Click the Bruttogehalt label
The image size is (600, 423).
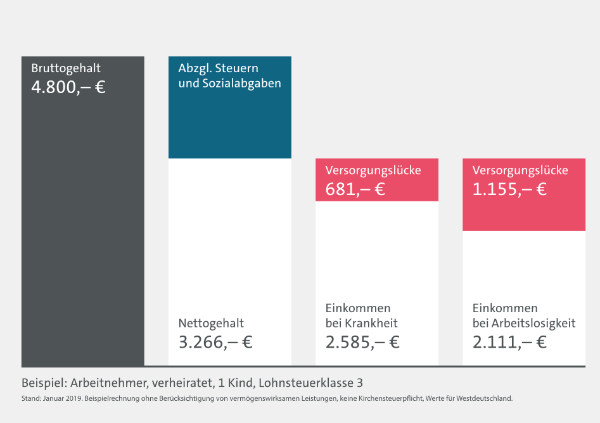pos(66,68)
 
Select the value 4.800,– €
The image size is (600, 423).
pos(68,87)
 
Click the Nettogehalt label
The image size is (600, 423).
pos(211,324)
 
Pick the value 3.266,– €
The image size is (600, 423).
pos(215,343)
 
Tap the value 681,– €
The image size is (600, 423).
pos(355,189)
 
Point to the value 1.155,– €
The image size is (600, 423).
pos(509,189)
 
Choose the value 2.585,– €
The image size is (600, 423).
pos(362,343)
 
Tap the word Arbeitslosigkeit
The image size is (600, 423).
pos(533,324)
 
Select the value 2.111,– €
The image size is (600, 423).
pos(509,343)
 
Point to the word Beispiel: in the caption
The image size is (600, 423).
pos(44,383)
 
